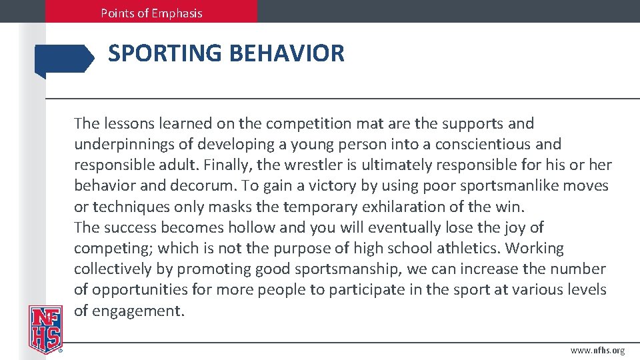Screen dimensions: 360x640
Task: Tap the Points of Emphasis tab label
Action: point(151,13)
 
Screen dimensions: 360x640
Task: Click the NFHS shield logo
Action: point(45,329)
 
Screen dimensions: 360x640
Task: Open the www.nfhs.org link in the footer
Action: point(598,350)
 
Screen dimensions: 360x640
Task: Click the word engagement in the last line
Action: point(137,311)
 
